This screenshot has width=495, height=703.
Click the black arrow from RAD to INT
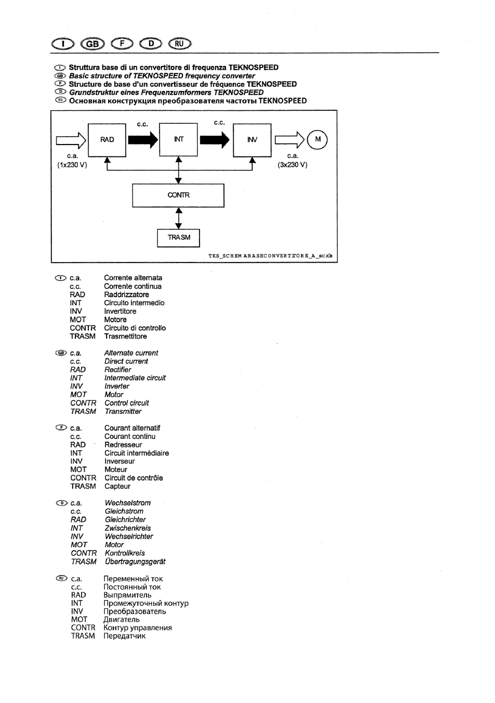pos(143,140)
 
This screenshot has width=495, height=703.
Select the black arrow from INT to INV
pos(215,140)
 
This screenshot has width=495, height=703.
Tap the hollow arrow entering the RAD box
pos(71,140)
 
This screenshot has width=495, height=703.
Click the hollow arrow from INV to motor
pos(290,140)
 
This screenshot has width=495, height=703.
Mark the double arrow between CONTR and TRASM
pos(178,218)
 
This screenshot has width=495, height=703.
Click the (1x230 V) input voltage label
pos(72,165)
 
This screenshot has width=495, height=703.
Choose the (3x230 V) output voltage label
pos(292,165)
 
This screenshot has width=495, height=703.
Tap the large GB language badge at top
pos(92,44)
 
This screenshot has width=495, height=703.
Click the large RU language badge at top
pos(180,43)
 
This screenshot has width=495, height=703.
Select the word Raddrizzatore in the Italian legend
pos(126,295)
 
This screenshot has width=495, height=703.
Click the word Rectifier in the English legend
pos(117,370)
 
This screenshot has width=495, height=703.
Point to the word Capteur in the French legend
pos(117,487)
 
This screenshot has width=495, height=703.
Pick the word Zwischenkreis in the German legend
pos(128,528)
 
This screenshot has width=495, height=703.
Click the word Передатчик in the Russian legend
pos(125,636)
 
